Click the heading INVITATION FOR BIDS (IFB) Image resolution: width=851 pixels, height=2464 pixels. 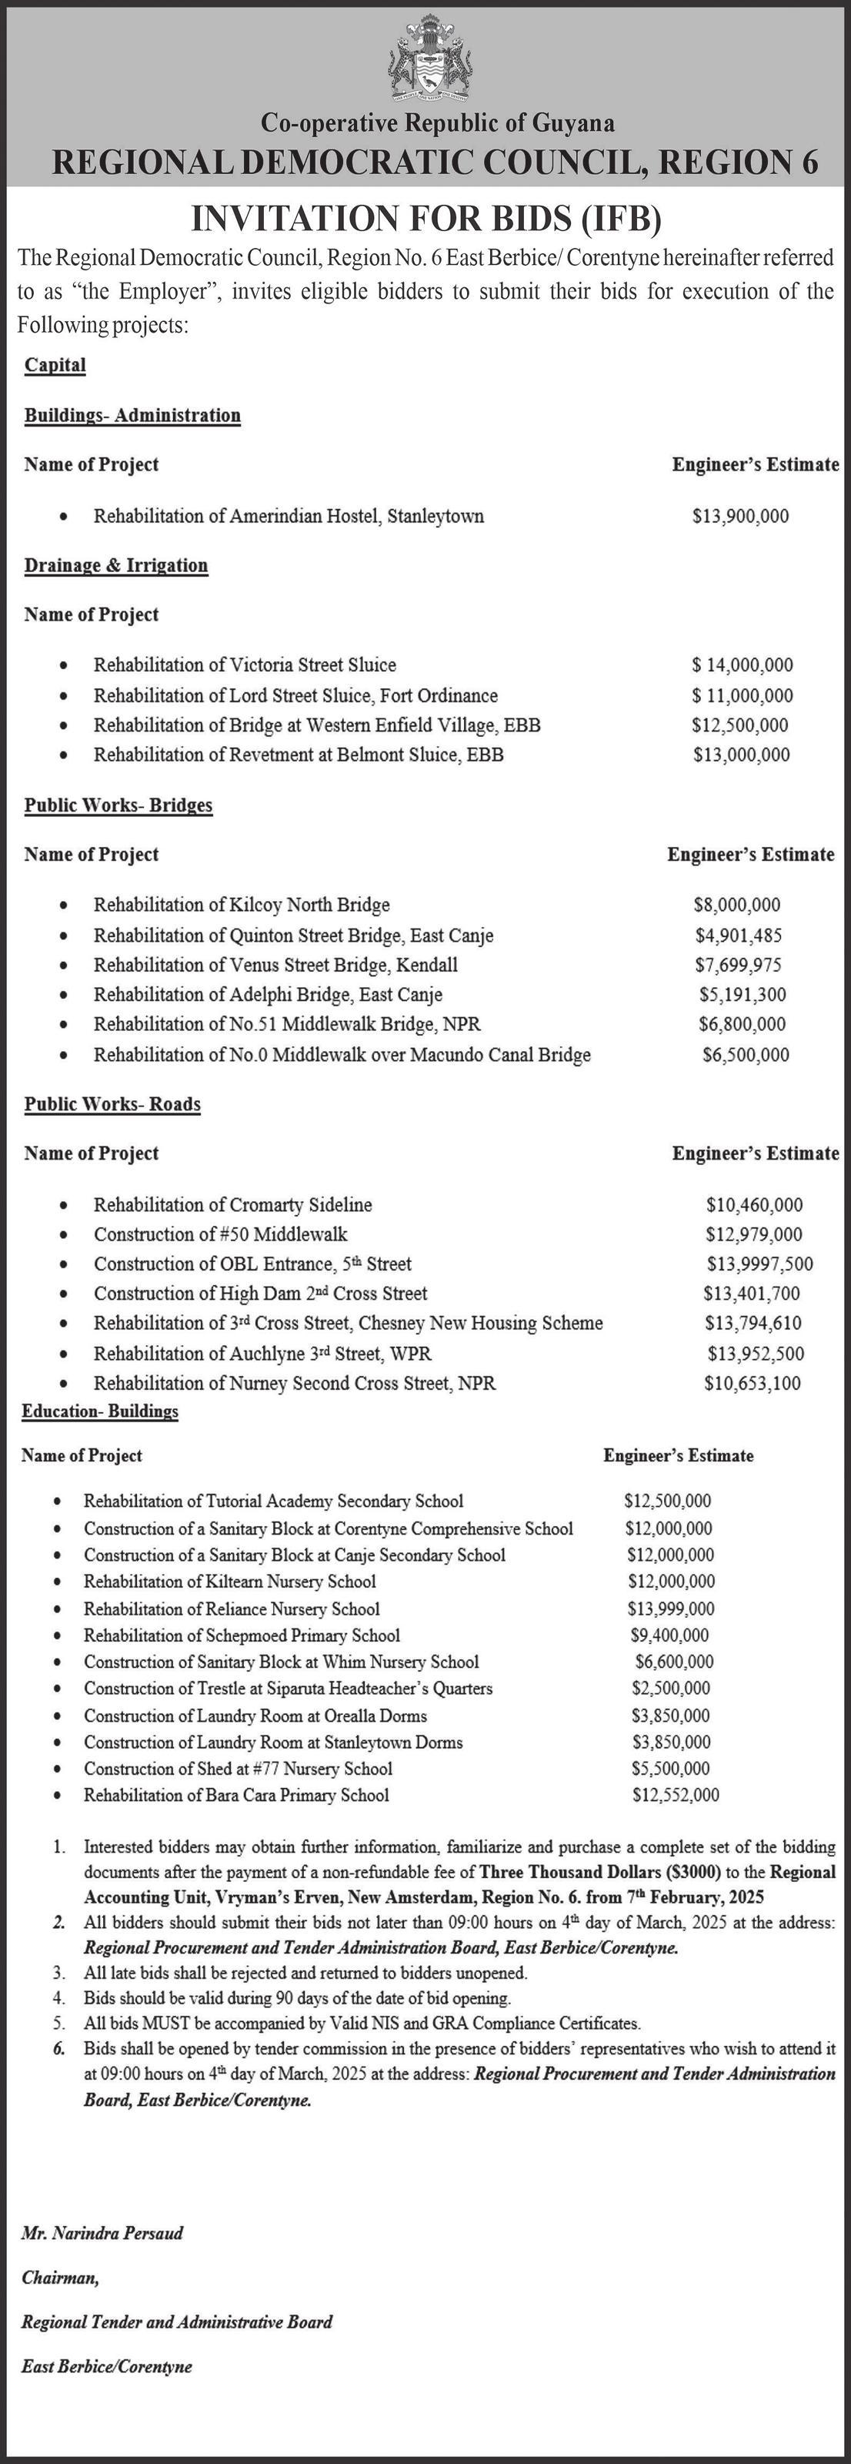426,219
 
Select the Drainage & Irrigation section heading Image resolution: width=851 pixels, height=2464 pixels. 115,565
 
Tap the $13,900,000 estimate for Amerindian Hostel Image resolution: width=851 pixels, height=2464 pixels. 740,517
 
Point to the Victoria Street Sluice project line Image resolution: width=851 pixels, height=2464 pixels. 244,665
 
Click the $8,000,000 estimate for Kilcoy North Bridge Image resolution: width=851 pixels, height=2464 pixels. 736,905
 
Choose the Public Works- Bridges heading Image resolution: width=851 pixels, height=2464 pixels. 118,805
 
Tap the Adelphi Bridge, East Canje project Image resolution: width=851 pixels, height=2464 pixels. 268,995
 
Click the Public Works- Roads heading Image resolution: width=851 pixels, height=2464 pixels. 113,1105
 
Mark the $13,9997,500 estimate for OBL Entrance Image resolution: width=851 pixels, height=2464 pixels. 759,1264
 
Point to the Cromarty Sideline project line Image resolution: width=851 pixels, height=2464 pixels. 232,1205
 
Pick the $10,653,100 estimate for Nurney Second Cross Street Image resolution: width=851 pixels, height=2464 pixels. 752,1383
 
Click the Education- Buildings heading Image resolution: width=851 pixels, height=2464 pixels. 100,1412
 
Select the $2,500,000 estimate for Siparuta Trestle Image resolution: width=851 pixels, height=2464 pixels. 670,1689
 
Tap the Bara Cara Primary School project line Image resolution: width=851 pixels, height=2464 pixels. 236,1796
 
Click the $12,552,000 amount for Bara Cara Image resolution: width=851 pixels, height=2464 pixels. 675,1796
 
